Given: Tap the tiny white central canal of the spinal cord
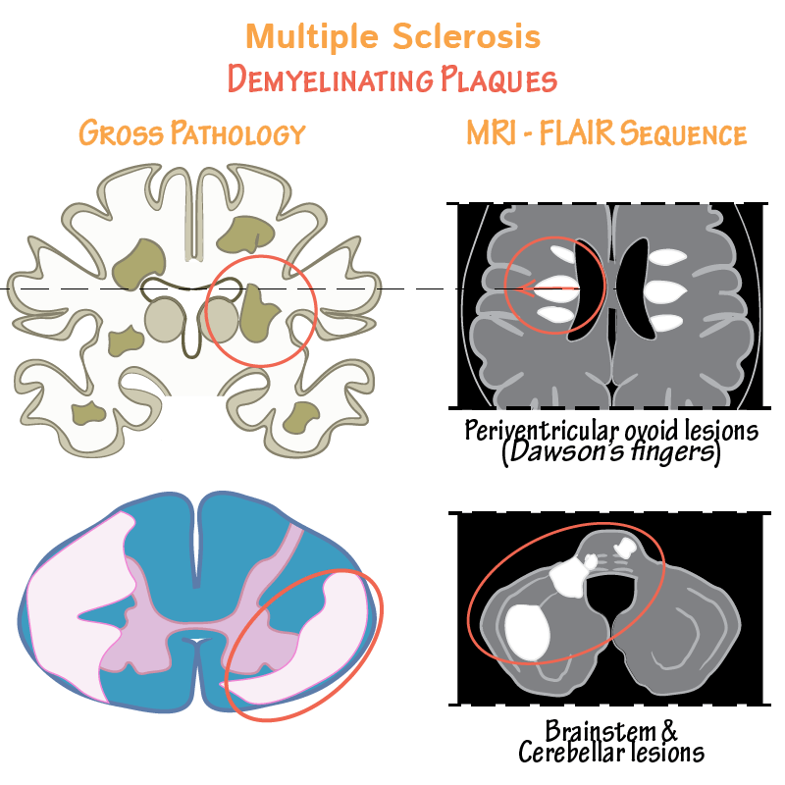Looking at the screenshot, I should [199, 639].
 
